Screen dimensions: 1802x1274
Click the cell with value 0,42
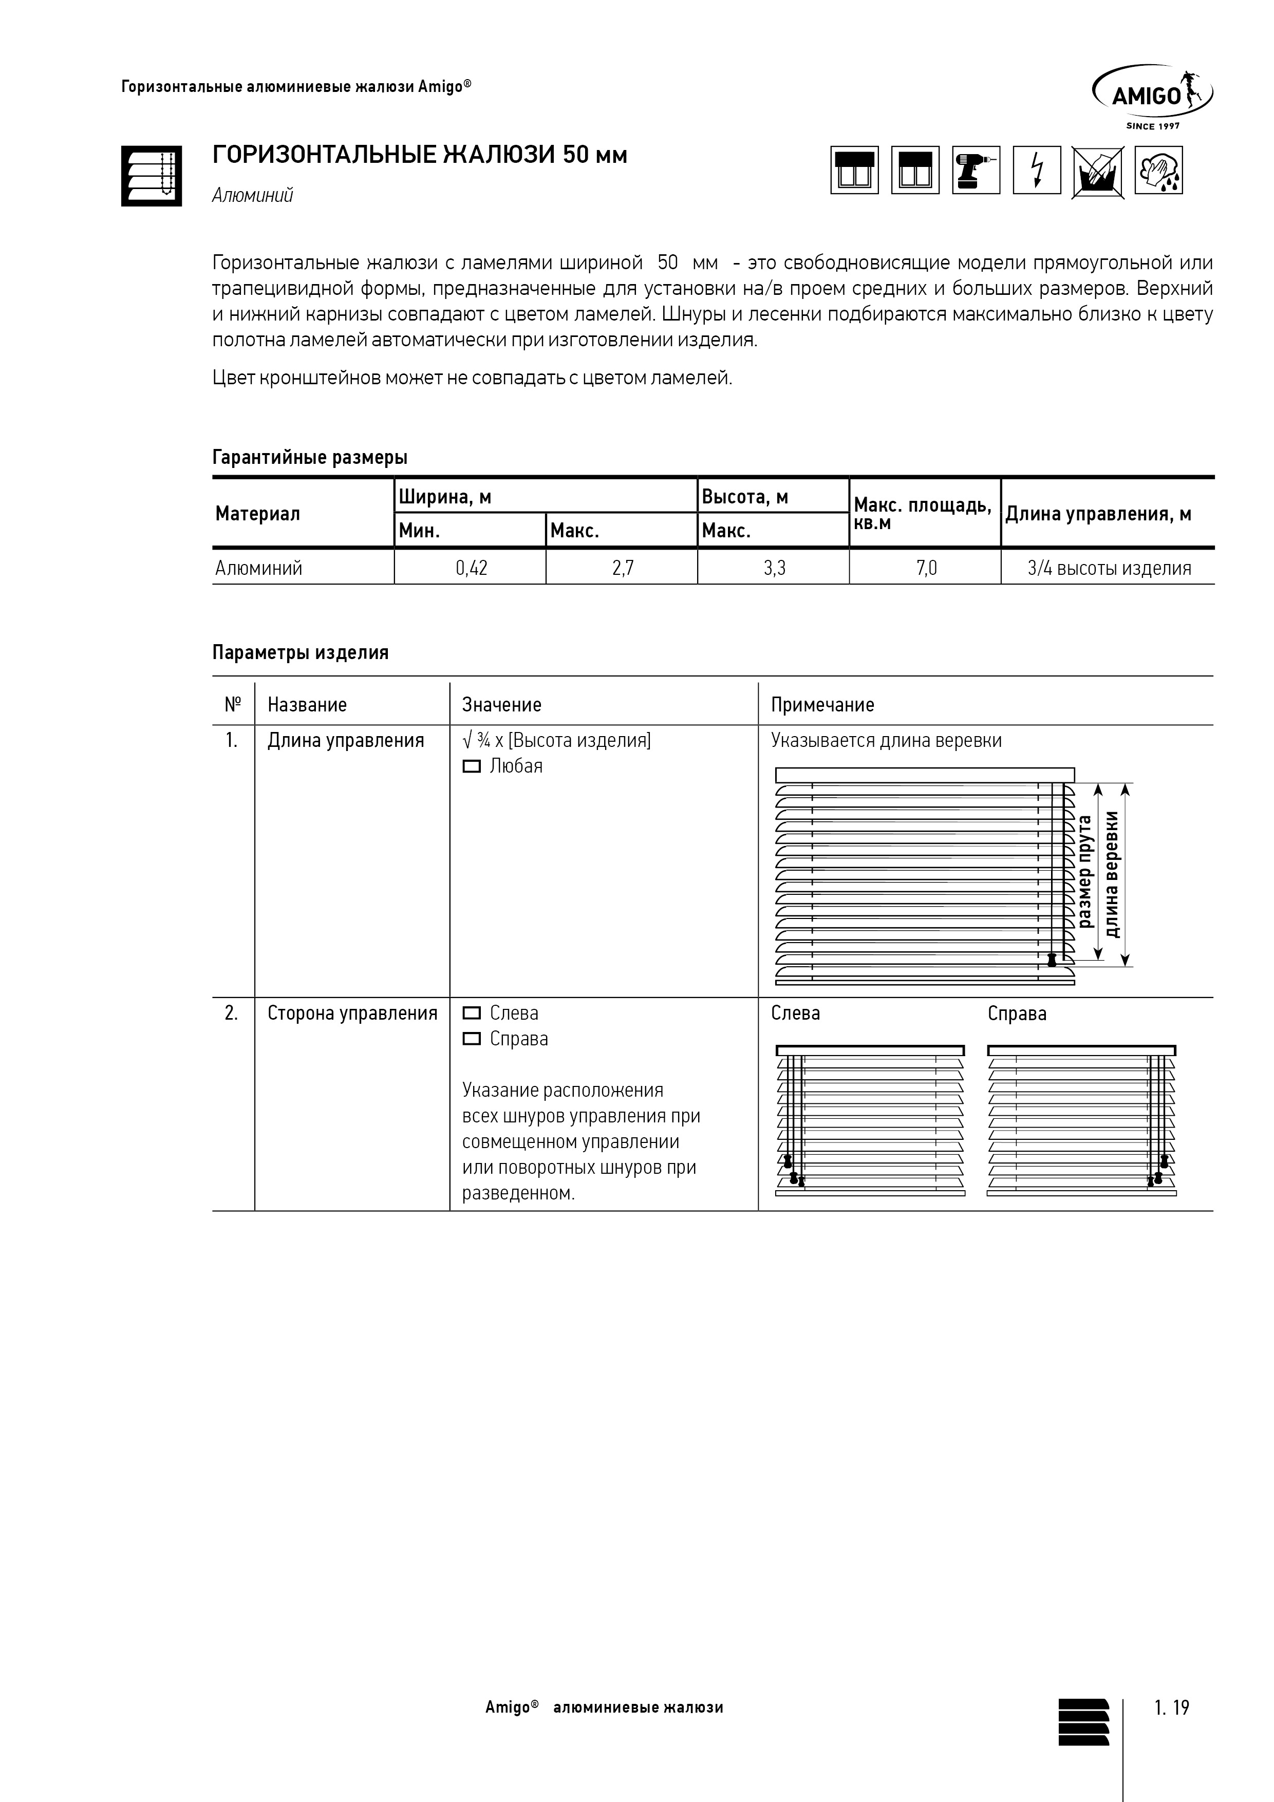click(471, 568)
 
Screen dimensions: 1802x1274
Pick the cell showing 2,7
click(623, 568)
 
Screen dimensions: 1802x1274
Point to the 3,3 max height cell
click(774, 568)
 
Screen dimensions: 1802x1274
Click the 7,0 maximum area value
click(926, 568)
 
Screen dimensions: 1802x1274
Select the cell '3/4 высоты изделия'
click(1109, 568)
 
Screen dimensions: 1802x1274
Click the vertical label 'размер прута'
click(1085, 871)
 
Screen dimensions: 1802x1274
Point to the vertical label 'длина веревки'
click(1112, 874)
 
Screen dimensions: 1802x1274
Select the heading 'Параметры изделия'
click(300, 652)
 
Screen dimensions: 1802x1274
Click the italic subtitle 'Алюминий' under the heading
click(252, 195)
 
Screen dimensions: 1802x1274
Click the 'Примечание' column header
click(822, 704)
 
